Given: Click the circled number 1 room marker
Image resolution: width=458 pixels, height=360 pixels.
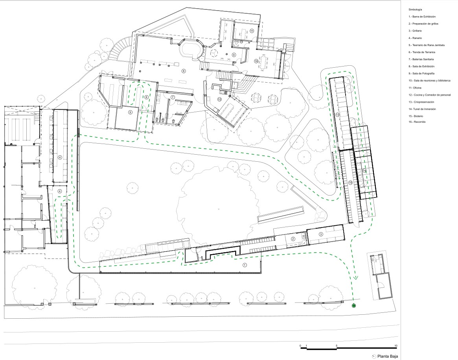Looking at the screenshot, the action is coord(245,265).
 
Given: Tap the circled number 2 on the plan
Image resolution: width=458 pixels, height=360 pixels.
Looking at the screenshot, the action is coord(293,239).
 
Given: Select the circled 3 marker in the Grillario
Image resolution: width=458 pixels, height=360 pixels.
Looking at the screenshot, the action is coord(321,234).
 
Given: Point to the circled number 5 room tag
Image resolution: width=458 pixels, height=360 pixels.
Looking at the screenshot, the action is coord(130,112).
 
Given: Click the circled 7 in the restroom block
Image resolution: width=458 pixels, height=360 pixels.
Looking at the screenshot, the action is coord(173,97).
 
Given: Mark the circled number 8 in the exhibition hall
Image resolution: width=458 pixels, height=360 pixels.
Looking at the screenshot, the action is coord(184,71).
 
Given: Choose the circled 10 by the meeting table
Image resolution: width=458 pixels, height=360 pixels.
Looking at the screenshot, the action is coord(256,61).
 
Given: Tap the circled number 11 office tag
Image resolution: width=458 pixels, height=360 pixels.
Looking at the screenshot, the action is coord(252,30).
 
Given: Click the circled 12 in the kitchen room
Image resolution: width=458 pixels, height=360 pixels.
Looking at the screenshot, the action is coord(219,100).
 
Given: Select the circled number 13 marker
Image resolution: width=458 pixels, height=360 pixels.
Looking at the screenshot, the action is coord(337,114).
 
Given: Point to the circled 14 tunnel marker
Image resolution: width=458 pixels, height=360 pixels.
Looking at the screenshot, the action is coord(364,170).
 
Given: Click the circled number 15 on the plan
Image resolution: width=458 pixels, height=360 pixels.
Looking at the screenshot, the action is coord(351,183).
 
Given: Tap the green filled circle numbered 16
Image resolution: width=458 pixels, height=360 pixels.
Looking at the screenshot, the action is coord(354,306).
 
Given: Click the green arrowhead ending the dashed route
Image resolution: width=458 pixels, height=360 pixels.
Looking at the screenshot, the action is coord(355,278).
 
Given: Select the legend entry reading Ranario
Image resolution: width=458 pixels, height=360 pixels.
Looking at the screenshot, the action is coord(415,38).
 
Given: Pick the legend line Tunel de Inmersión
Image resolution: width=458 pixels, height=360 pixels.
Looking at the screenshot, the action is coord(422,109).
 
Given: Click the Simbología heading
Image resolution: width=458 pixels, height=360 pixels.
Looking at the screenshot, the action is coord(415,10).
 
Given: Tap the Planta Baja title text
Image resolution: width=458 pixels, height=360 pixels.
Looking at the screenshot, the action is coord(388,356).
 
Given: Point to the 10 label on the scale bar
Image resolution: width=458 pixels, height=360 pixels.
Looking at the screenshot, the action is coord(396,346).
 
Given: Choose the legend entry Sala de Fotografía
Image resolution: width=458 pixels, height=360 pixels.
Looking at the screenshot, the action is coord(421,73).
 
